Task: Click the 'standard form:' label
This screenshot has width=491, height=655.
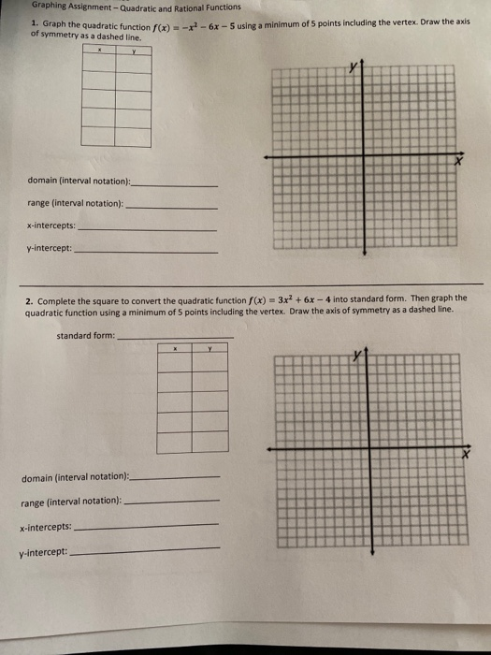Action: click(86, 335)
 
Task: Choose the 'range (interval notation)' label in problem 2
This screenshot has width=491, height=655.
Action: click(71, 502)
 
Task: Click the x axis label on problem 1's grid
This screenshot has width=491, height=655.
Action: click(459, 160)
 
